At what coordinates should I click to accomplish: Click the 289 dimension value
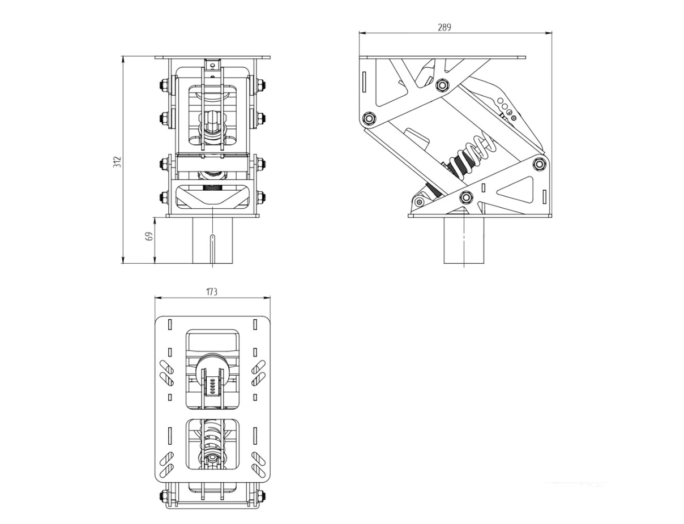pyautogui.click(x=444, y=27)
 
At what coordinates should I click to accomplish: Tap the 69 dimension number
pyautogui.click(x=149, y=236)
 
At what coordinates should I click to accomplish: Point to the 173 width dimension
pyautogui.click(x=211, y=292)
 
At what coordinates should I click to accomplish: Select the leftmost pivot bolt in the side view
pyautogui.click(x=369, y=118)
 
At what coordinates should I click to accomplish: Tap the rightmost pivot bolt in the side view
pyautogui.click(x=540, y=164)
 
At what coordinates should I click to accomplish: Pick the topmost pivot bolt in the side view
pyautogui.click(x=443, y=84)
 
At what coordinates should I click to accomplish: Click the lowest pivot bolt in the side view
pyautogui.click(x=466, y=197)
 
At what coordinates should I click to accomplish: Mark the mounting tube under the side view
pyautogui.click(x=464, y=240)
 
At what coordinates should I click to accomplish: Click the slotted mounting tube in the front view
pyautogui.click(x=213, y=240)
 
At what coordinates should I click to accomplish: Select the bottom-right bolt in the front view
pyautogui.click(x=261, y=197)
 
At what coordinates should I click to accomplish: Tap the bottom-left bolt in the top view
pyautogui.click(x=164, y=496)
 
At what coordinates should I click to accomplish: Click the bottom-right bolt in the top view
pyautogui.click(x=261, y=496)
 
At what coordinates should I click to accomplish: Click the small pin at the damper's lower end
pyautogui.click(x=418, y=202)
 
